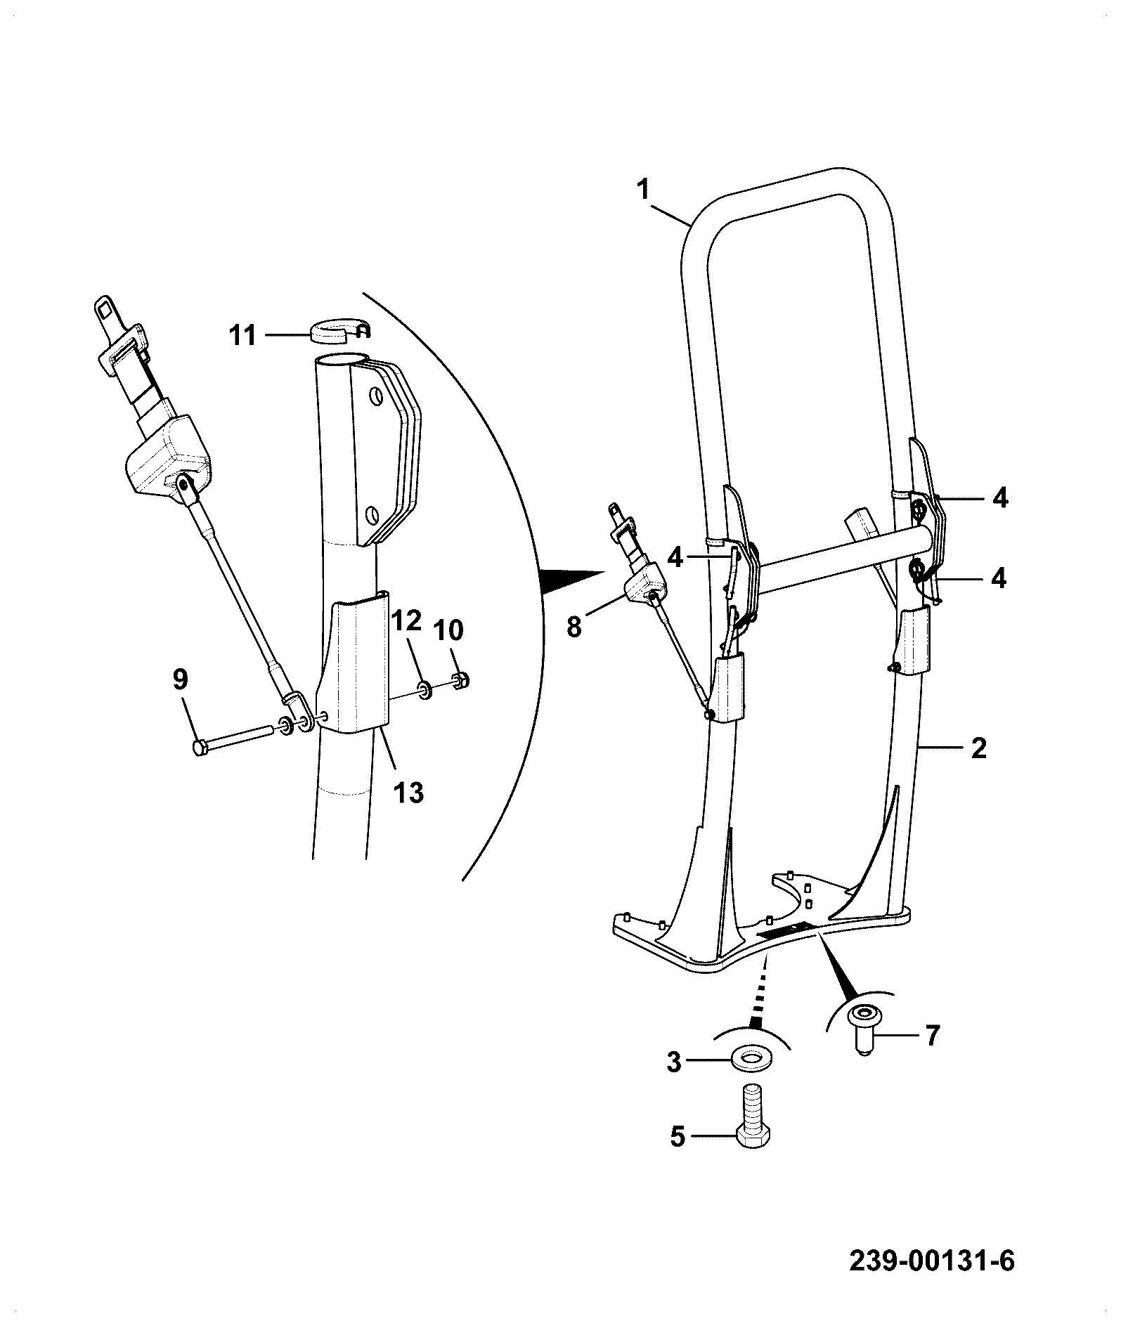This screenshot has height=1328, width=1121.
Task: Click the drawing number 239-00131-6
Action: [x=932, y=1260]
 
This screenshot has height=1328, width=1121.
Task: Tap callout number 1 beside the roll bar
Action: [x=644, y=190]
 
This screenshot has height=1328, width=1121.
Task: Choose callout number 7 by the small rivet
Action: [x=931, y=1035]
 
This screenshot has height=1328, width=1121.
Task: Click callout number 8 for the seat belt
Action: [x=574, y=625]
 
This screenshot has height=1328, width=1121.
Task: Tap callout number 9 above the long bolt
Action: [x=181, y=679]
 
